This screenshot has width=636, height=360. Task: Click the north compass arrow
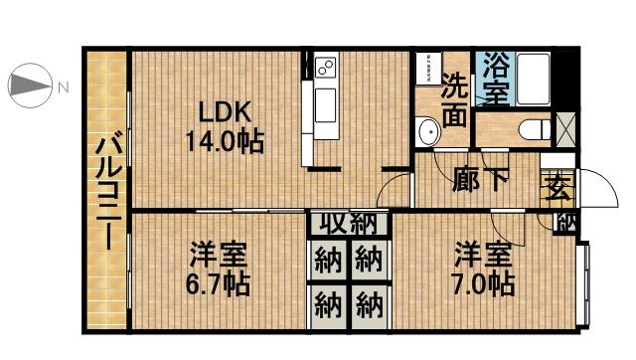tap(27, 85)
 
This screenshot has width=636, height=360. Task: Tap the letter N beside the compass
tap(63, 88)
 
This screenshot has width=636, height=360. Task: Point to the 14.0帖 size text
tap(223, 143)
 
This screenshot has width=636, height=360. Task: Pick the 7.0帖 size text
tap(484, 284)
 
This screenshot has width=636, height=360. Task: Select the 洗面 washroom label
tap(455, 99)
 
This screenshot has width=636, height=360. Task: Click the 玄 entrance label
tap(555, 186)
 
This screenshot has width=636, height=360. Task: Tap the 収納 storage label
tap(348, 222)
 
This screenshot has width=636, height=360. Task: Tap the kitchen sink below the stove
tap(326, 102)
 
